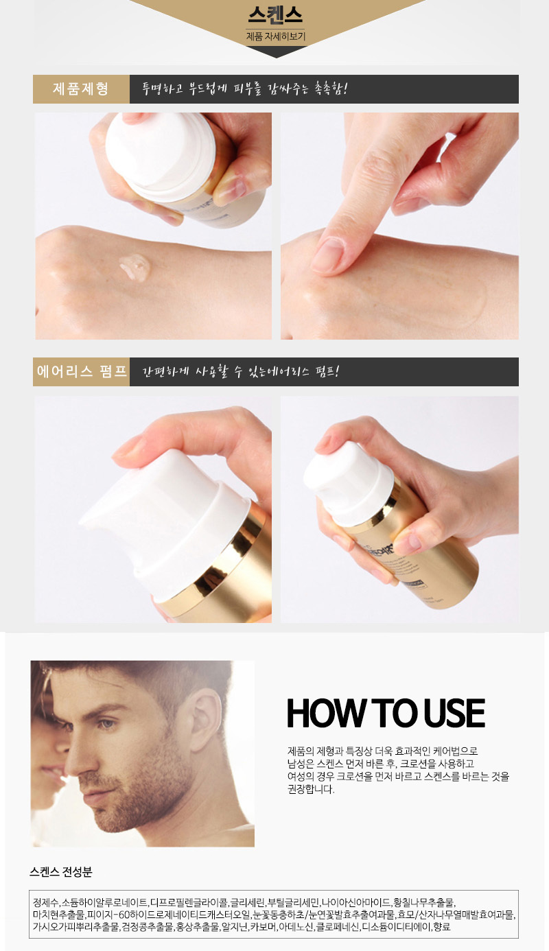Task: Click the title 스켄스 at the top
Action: pos(276,15)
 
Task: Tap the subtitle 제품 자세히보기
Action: pos(276,36)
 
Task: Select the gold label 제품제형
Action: pos(81,89)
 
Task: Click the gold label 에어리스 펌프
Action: pos(81,371)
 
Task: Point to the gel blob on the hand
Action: pos(135,267)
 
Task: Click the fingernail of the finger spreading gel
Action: pos(327,255)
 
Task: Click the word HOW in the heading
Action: pos(325,714)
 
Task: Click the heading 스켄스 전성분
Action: pos(60,872)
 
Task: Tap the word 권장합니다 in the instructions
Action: pos(311,789)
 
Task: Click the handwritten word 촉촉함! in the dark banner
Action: pos(330,89)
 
